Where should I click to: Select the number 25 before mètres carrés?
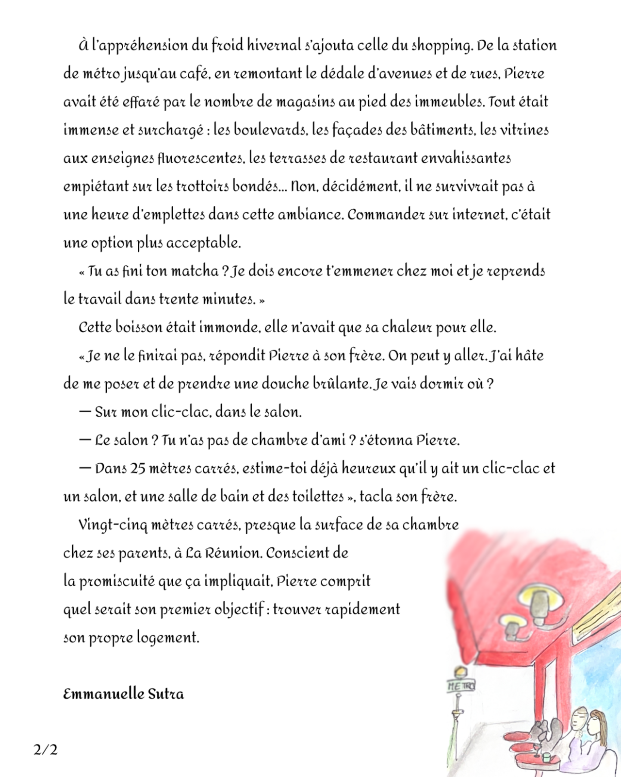(x=138, y=469)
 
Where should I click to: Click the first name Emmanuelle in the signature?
(x=103, y=694)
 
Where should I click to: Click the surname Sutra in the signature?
(x=166, y=694)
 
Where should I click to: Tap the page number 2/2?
(x=46, y=750)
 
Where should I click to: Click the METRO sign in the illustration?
(x=460, y=686)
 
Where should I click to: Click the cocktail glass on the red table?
(x=536, y=748)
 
